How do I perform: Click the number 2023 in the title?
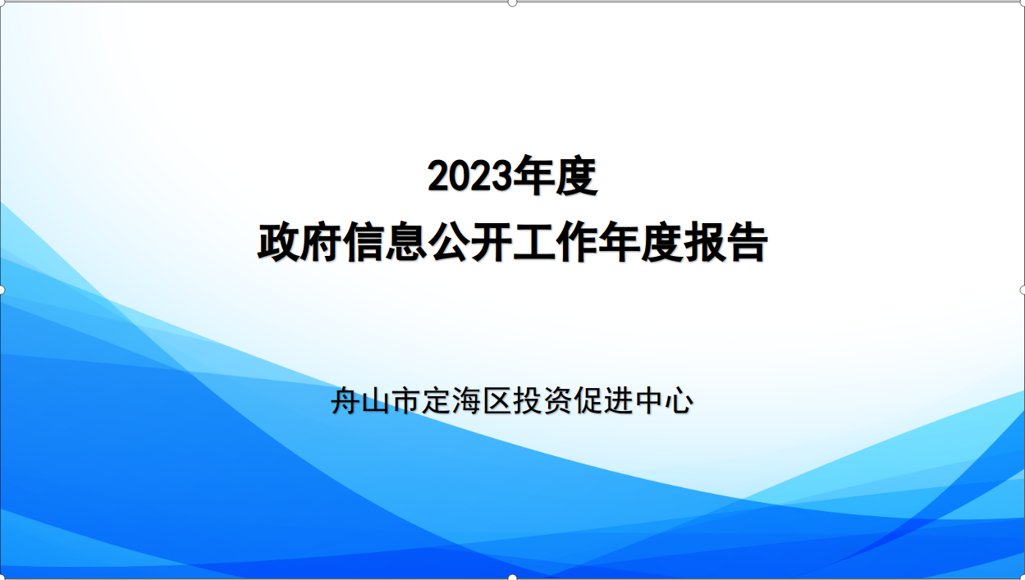469,176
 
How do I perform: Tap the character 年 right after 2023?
533,176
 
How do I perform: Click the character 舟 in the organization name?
345,400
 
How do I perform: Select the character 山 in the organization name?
375,400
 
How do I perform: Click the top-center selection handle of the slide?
512,2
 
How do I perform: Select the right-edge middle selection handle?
1023,290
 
